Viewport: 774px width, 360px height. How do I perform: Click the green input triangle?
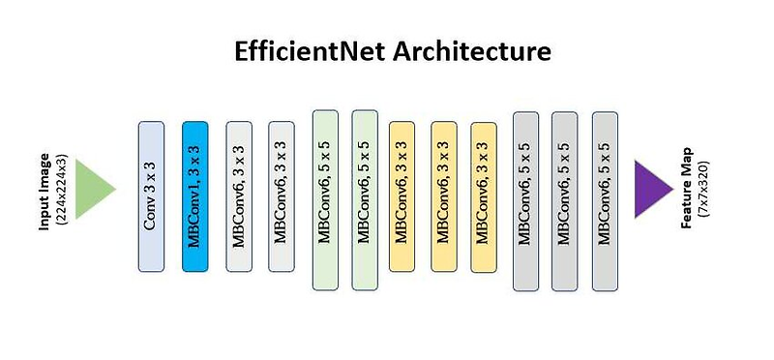click(x=94, y=191)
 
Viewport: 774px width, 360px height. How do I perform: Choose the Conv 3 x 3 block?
click(x=151, y=195)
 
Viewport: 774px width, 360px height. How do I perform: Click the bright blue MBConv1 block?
click(x=194, y=195)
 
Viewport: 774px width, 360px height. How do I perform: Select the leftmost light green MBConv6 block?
click(x=325, y=199)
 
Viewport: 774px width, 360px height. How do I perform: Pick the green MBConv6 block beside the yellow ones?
click(x=364, y=199)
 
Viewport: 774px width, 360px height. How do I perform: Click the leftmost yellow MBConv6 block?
click(x=402, y=196)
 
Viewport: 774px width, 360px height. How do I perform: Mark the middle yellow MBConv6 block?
click(x=443, y=196)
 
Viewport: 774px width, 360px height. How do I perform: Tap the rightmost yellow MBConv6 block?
click(x=483, y=196)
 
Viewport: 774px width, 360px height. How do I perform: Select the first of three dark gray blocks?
click(x=525, y=199)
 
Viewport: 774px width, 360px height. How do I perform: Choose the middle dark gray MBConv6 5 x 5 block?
click(x=564, y=199)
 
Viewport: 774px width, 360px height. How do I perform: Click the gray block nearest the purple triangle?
click(x=605, y=199)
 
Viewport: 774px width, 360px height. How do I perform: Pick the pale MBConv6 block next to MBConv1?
click(x=239, y=196)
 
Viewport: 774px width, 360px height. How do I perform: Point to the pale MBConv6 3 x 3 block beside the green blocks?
click(x=281, y=196)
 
